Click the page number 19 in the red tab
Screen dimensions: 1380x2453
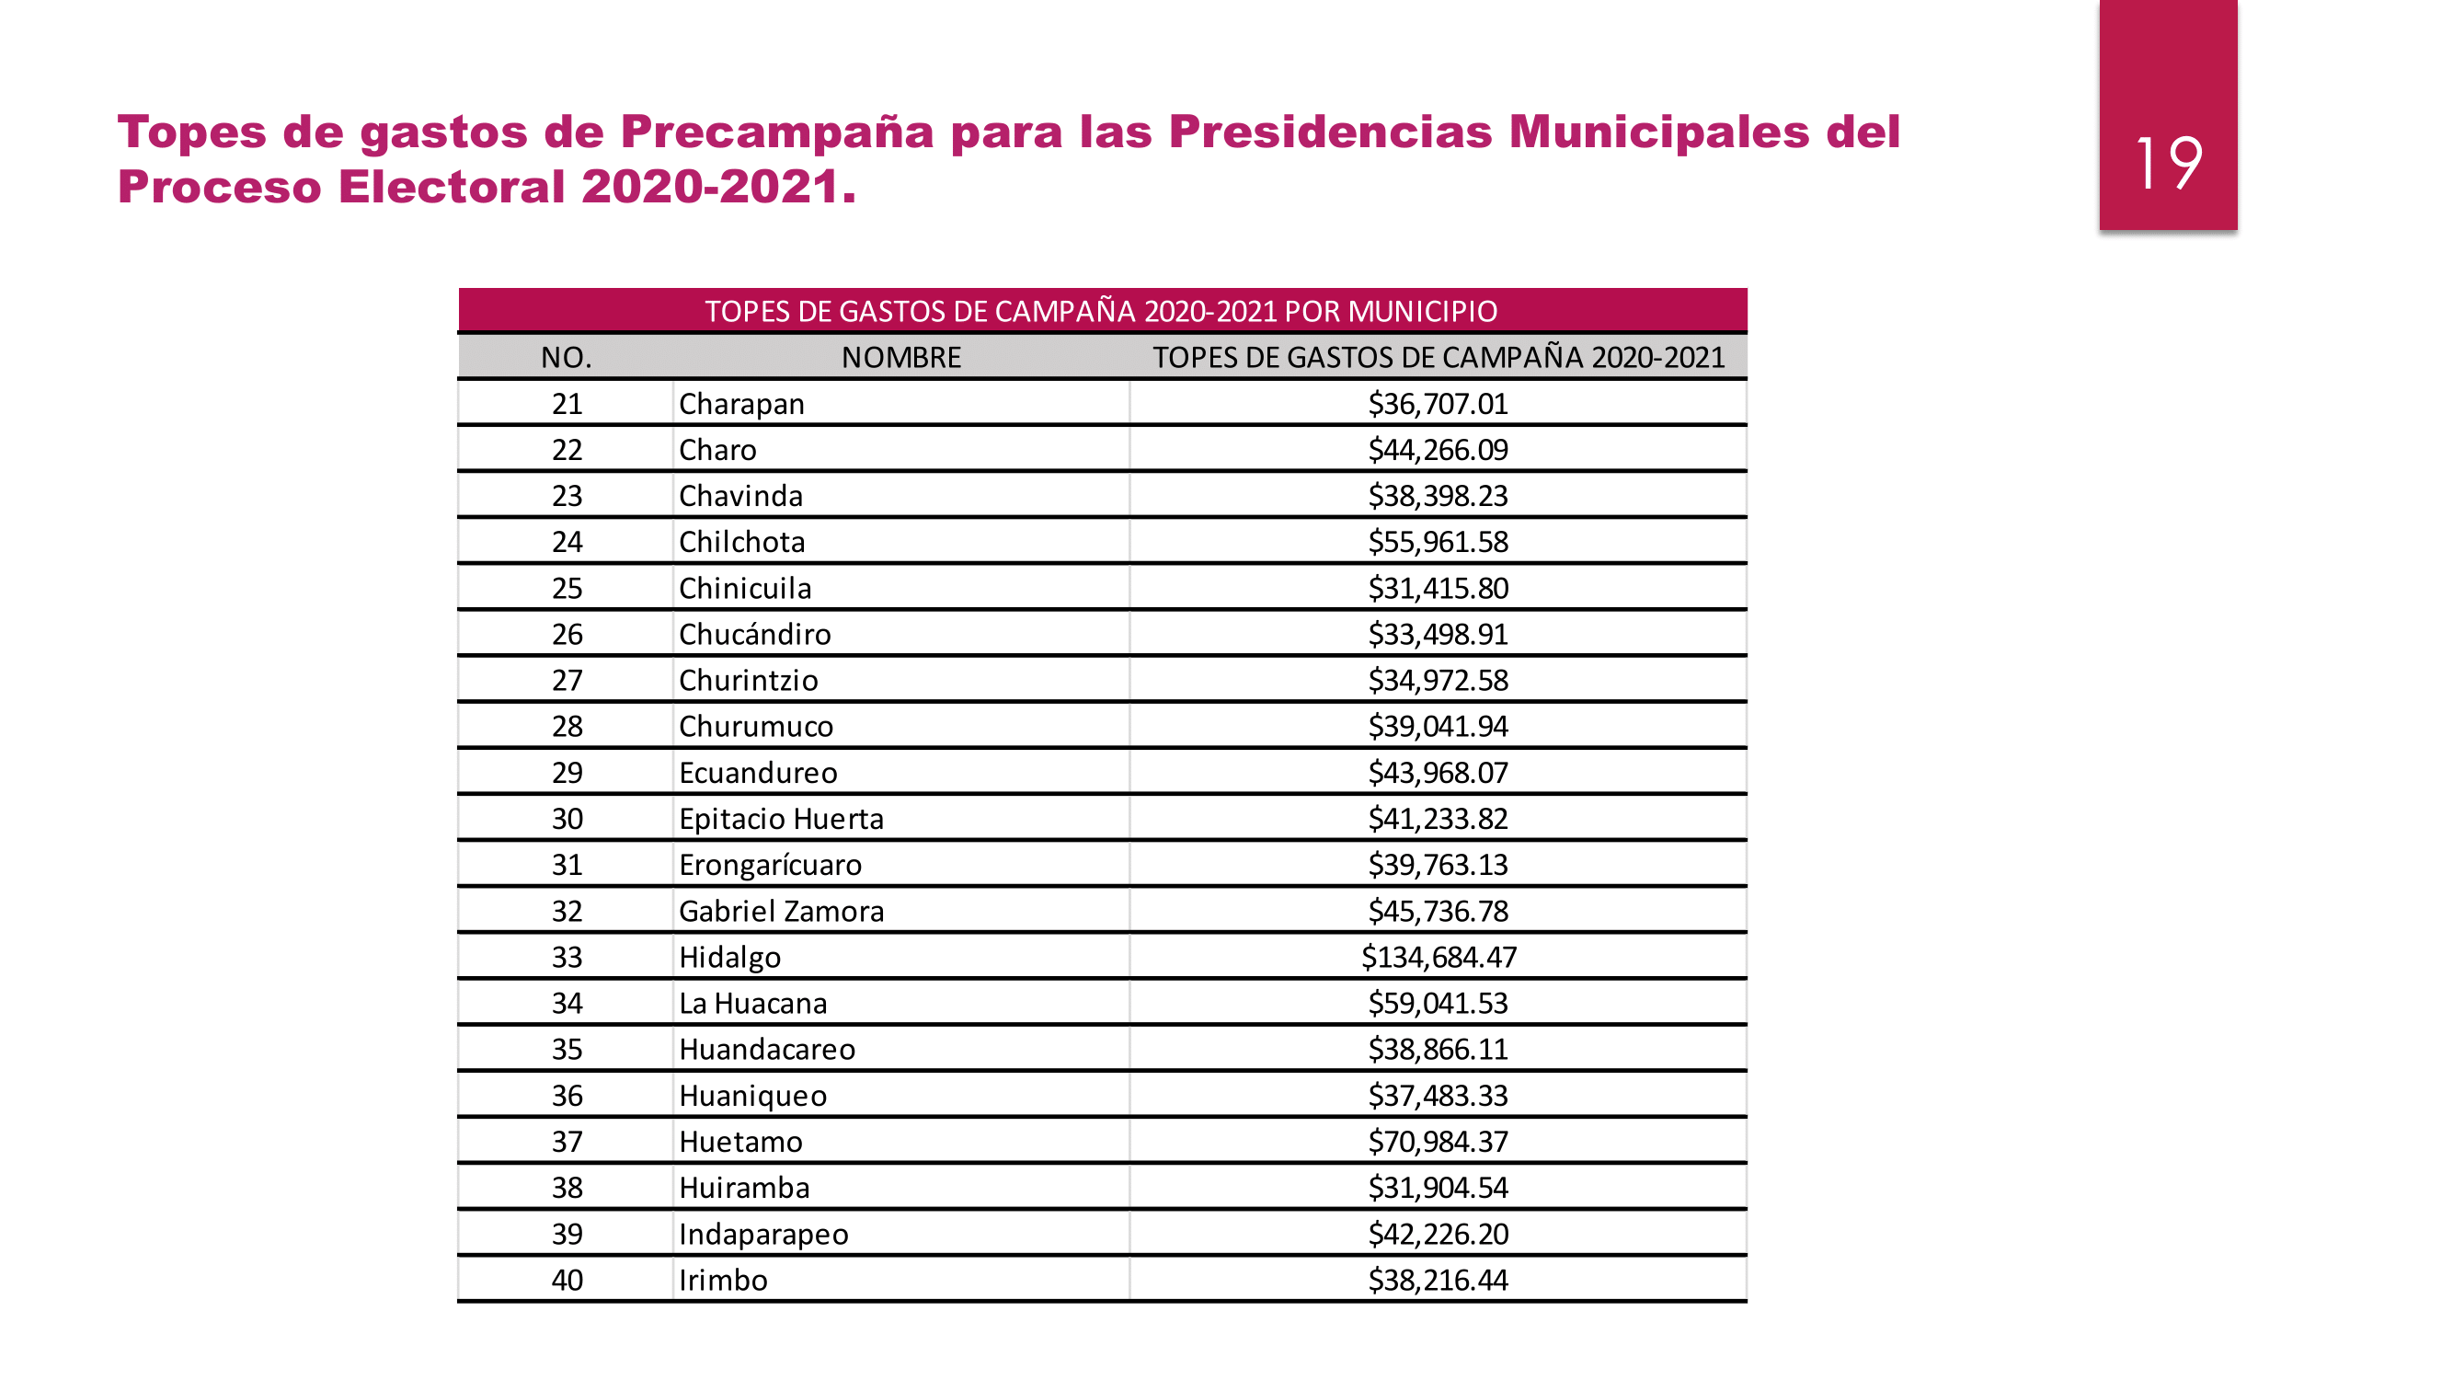(2167, 163)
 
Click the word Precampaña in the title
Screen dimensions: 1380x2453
(776, 132)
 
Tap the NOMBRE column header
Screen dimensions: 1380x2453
(900, 357)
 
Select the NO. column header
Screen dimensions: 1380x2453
(566, 357)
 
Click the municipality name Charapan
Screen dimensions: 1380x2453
(740, 404)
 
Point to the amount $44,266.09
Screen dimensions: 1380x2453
(1438, 450)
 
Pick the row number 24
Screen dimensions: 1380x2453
(567, 542)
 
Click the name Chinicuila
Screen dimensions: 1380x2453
(745, 589)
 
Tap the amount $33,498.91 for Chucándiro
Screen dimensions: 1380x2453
(1438, 634)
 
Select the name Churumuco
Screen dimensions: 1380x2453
(755, 727)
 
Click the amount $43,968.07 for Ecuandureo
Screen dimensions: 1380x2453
(1438, 773)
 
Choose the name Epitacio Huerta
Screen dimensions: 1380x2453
(781, 819)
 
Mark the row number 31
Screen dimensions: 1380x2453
(567, 865)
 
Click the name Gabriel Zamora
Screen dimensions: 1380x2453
(781, 912)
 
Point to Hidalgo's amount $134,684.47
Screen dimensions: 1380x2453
(1438, 957)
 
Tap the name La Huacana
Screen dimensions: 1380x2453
(752, 1004)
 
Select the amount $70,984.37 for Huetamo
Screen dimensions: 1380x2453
(1438, 1142)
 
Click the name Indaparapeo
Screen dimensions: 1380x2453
(762, 1235)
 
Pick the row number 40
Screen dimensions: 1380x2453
(567, 1280)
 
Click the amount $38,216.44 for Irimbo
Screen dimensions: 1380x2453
(1438, 1280)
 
